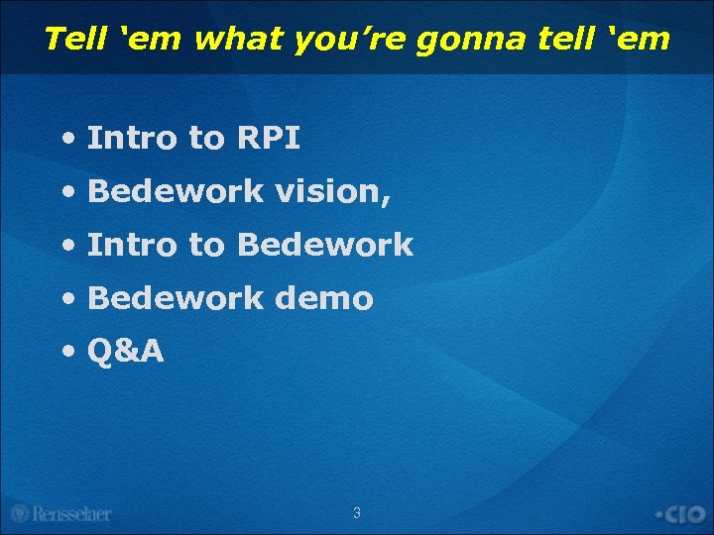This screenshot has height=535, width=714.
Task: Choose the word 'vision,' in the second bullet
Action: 333,192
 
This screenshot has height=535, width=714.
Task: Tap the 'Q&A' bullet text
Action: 126,352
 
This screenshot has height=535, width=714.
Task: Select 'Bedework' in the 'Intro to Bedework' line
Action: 324,246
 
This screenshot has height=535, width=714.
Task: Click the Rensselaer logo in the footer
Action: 61,514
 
